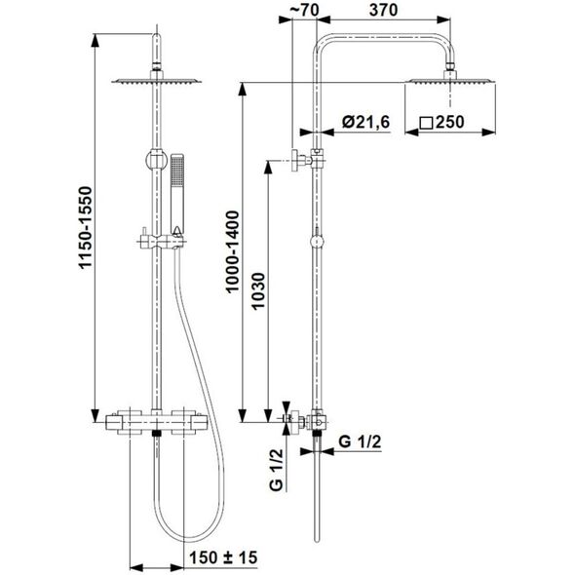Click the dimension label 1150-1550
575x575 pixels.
(86, 228)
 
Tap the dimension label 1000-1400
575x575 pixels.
(233, 251)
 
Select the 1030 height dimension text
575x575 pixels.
(258, 291)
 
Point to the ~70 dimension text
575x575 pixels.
(304, 10)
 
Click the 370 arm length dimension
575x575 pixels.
(383, 10)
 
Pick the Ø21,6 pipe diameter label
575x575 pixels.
(365, 122)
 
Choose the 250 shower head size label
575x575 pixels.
(450, 122)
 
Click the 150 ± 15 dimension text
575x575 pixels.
(223, 557)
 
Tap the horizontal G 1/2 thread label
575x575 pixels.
(360, 441)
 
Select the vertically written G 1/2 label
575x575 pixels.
(277, 470)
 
